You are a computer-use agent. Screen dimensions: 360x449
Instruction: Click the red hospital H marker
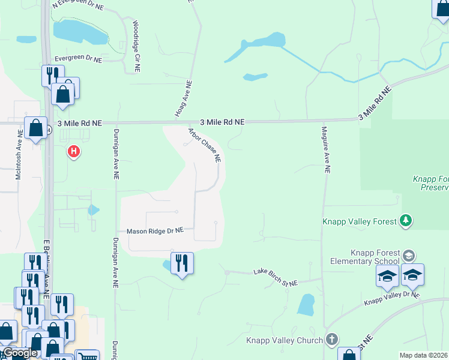pyautogui.click(x=74, y=152)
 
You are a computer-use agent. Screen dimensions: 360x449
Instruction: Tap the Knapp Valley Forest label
pyautogui.click(x=360, y=221)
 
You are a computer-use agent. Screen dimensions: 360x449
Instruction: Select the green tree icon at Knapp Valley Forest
pyautogui.click(x=406, y=221)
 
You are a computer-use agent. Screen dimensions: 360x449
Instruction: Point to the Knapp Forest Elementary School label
pyautogui.click(x=365, y=257)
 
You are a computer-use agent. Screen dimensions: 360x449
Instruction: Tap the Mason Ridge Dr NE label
pyautogui.click(x=154, y=231)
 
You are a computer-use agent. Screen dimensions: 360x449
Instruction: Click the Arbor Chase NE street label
pyautogui.click(x=205, y=146)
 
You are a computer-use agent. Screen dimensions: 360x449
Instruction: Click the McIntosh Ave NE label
pyautogui.click(x=18, y=157)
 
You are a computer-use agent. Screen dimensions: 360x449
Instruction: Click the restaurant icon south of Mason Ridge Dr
pyautogui.click(x=182, y=263)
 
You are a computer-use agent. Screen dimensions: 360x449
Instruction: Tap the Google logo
pyautogui.click(x=20, y=353)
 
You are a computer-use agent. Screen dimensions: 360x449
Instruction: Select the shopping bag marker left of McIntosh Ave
pyautogui.click(x=35, y=128)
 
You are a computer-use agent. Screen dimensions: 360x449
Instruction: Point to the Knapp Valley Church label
pyautogui.click(x=285, y=341)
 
